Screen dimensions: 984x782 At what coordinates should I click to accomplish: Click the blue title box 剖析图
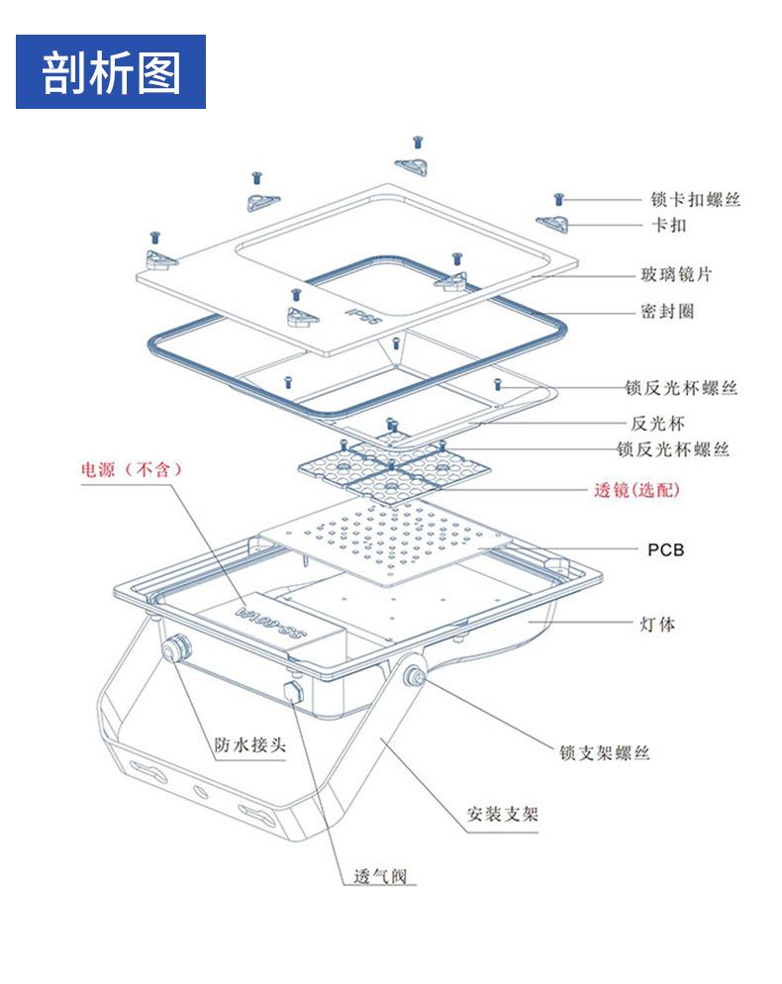pyautogui.click(x=111, y=72)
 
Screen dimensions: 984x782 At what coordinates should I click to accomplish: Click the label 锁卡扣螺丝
pyautogui.click(x=696, y=199)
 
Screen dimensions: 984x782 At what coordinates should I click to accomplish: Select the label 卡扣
pyautogui.click(x=668, y=226)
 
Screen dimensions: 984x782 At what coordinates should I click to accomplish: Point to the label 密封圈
pyautogui.click(x=667, y=311)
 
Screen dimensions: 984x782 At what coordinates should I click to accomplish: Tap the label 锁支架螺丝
pyautogui.click(x=604, y=753)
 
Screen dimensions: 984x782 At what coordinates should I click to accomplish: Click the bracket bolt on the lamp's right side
pyautogui.click(x=412, y=677)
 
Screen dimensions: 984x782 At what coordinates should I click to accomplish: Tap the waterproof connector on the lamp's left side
pyautogui.click(x=173, y=649)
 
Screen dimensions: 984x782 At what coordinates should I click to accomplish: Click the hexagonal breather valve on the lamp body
pyautogui.click(x=294, y=689)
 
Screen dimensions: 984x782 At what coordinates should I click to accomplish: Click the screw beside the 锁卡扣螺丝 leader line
pyautogui.click(x=559, y=200)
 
